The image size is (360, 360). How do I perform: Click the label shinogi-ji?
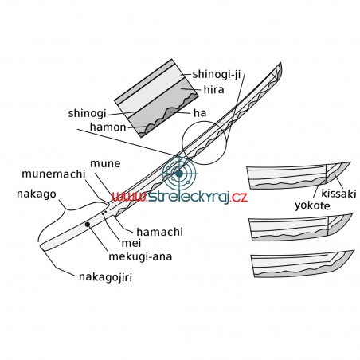(216, 74)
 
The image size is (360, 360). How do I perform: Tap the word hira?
(213, 90)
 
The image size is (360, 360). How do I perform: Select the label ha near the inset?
(200, 113)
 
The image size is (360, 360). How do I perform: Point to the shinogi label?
(87, 113)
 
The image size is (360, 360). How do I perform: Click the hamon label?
(108, 127)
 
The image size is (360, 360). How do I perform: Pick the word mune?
(105, 163)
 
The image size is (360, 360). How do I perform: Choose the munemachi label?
(53, 174)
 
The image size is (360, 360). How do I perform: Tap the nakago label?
(37, 194)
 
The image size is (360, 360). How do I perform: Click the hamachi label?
(159, 232)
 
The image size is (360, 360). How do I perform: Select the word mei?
(131, 243)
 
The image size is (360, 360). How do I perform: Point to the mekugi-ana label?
(140, 256)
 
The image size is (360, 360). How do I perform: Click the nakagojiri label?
(105, 277)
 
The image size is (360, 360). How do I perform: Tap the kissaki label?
(338, 194)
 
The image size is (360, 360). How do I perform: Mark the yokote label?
(312, 205)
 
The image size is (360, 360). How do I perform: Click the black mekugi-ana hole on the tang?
(88, 225)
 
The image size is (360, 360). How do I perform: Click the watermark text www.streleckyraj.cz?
(180, 197)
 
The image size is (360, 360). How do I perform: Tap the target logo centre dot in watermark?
(179, 174)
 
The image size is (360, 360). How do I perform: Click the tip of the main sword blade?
(280, 63)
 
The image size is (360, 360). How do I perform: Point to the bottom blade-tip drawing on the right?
(303, 264)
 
